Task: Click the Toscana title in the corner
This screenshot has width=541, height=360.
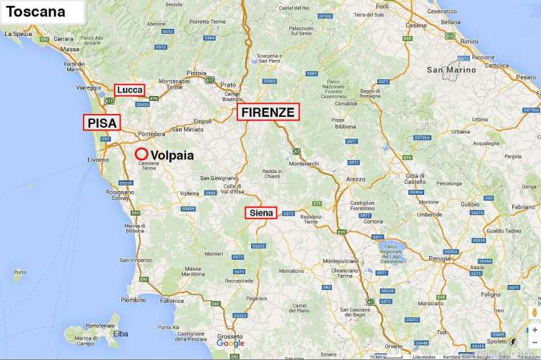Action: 35,12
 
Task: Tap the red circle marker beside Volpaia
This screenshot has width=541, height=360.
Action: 141,154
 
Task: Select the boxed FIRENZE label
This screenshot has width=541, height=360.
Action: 268,112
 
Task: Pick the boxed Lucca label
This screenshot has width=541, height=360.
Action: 129,89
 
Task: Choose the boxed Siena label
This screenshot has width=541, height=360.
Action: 260,213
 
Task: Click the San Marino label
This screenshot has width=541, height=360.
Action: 452,70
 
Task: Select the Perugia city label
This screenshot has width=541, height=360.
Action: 439,258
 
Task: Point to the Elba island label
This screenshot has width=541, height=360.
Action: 121,333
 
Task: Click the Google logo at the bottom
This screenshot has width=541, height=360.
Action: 229,343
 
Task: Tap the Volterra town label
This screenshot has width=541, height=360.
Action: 189,193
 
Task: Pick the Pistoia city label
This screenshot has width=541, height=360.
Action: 196,73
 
